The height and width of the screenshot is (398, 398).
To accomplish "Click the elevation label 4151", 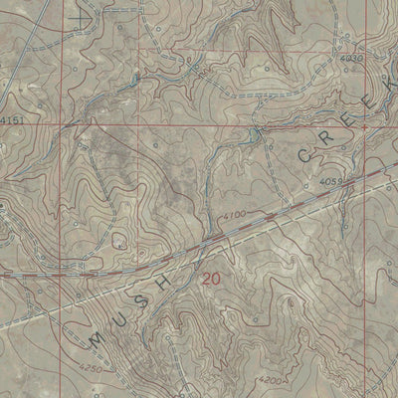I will [x=12, y=120].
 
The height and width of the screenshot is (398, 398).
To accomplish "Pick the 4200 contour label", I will [x=272, y=380].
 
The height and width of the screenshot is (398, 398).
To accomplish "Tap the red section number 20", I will [x=210, y=281].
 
